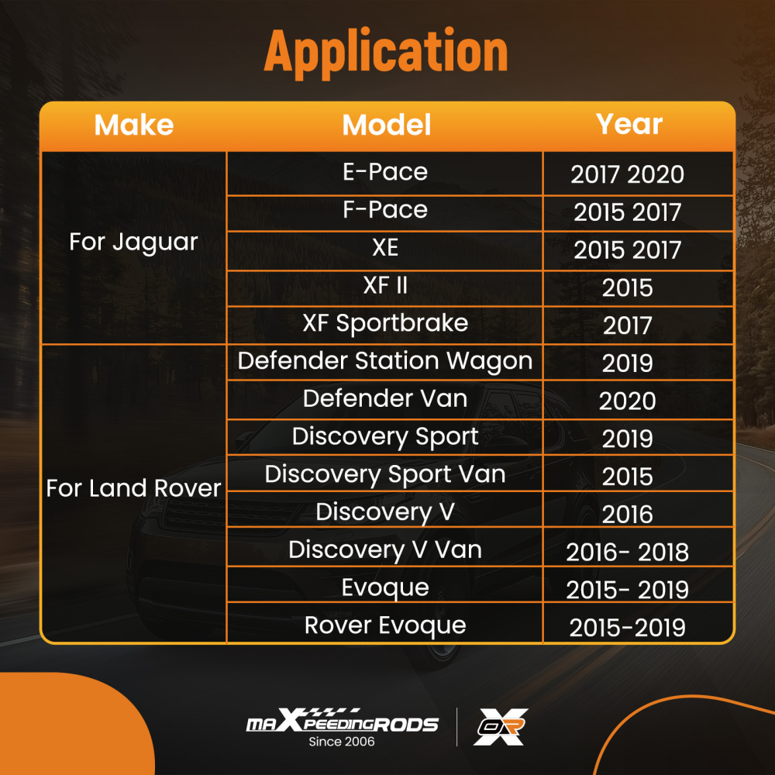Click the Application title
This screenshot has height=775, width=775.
click(386, 52)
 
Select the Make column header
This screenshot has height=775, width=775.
click(134, 125)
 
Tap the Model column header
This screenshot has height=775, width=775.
click(387, 125)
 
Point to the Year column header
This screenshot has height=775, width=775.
click(629, 123)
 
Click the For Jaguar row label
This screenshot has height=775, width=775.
click(133, 242)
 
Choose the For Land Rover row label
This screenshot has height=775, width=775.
click(133, 488)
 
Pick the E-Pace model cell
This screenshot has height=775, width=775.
click(385, 172)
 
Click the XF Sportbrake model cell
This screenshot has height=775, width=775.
click(385, 323)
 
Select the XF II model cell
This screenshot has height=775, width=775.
click(385, 285)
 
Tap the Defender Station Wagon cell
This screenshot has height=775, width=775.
click(385, 361)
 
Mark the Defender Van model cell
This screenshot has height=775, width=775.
click(385, 398)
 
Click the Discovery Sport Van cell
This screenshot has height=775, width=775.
click(385, 474)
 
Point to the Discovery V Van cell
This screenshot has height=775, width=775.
click(385, 550)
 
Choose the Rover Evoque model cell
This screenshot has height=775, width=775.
click(385, 625)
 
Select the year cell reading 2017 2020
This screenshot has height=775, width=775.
click(627, 174)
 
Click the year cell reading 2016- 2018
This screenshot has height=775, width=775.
click(627, 552)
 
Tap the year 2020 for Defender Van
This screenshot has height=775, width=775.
click(627, 401)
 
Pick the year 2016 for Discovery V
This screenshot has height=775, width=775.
click(627, 515)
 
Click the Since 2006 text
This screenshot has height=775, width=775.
click(342, 742)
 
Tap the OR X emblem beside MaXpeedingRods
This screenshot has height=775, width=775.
click(501, 727)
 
